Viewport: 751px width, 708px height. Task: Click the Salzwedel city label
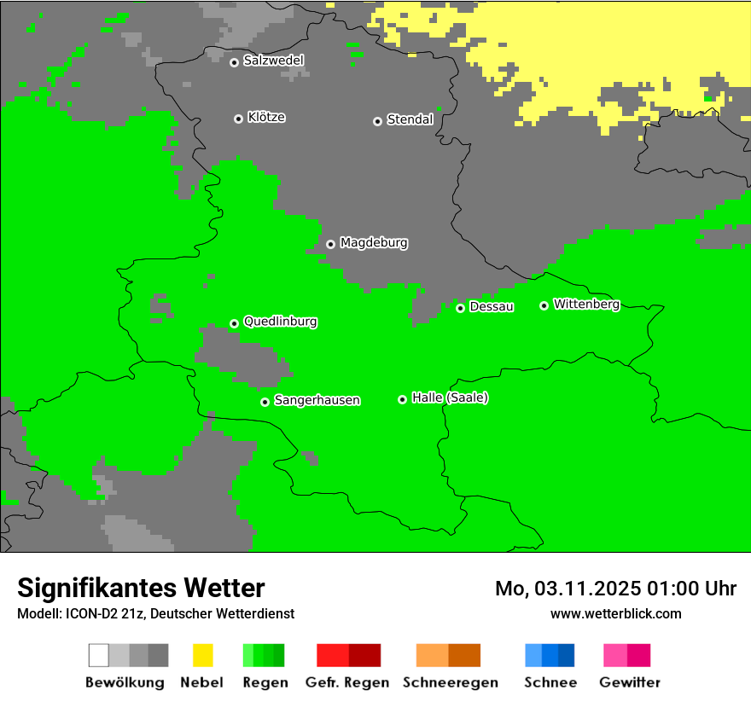pos(273,61)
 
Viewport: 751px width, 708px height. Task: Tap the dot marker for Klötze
pos(238,119)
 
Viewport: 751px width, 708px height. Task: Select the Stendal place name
pos(410,120)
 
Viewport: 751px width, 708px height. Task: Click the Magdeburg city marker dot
pos(330,244)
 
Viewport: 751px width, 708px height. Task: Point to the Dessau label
pos(492,307)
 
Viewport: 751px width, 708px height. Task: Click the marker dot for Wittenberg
pos(544,305)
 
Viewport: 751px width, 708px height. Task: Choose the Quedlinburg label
pos(280,322)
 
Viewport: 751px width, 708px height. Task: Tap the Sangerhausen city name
pos(317,400)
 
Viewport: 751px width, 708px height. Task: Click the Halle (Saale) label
pos(450,398)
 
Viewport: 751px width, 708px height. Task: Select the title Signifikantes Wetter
pos(141,588)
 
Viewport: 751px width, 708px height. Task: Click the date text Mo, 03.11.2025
pos(571,589)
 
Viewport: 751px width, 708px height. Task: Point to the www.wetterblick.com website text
pos(615,613)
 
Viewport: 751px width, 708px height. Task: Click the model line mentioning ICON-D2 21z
pos(155,613)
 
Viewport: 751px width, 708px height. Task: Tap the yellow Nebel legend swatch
pos(202,655)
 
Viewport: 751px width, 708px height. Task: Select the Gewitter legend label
pos(629,682)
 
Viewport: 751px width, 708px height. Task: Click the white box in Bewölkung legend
pos(98,655)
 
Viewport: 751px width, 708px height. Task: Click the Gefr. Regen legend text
pos(347,682)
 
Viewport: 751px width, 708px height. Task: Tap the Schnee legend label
pos(550,682)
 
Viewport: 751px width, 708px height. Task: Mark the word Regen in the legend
pos(265,682)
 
